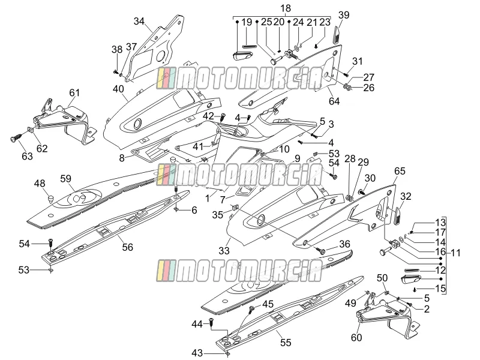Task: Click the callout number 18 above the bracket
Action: point(286,8)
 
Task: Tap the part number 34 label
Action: point(139,22)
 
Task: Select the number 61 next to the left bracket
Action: point(74,92)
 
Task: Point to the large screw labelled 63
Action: point(16,139)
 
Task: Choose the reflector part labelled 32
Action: point(397,216)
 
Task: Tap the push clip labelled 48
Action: point(50,199)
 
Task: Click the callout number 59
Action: point(65,179)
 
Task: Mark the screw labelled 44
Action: point(211,322)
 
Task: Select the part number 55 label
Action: point(286,343)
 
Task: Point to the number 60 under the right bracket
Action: point(356,337)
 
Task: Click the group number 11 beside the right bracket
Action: point(455,253)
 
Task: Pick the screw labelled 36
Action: point(321,251)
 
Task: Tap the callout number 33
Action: point(224,251)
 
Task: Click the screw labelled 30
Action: point(361,192)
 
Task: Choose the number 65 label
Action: point(400,171)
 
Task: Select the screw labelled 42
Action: point(223,116)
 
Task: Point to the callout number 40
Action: point(118,89)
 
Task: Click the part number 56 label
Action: point(128,247)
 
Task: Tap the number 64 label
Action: point(334,101)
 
